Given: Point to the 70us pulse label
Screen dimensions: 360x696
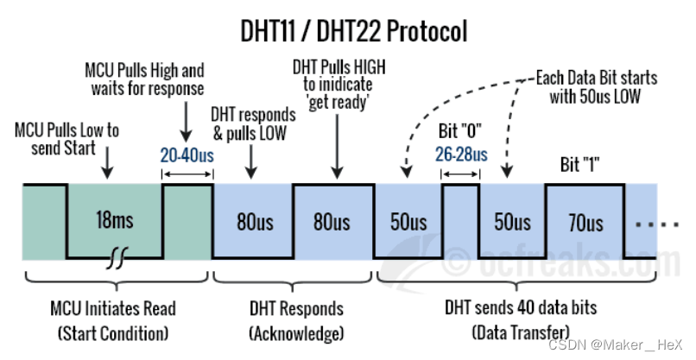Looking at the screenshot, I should click(585, 223).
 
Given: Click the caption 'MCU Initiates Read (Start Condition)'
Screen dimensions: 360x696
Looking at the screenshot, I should click(114, 319).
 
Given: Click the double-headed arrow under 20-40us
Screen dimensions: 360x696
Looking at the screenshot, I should click(187, 174).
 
